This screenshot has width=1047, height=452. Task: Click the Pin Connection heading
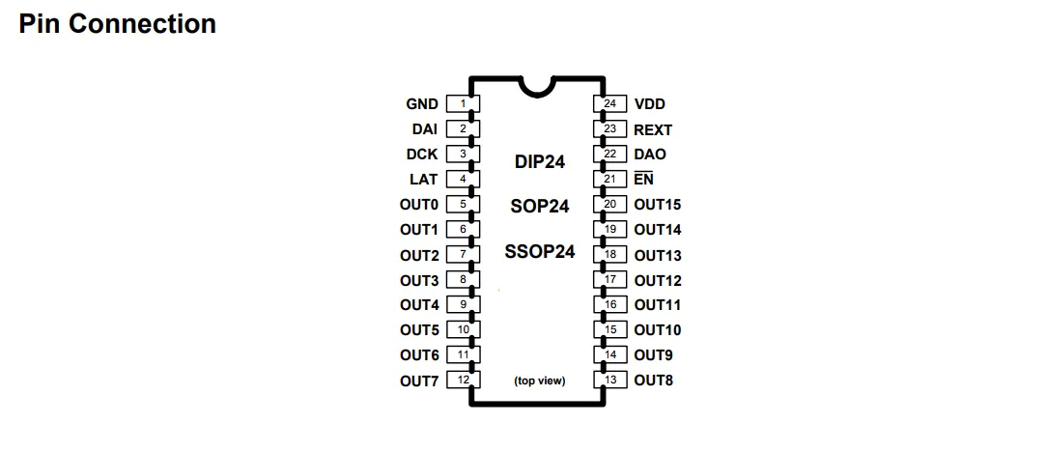pyautogui.click(x=117, y=24)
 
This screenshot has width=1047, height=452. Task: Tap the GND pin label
pyautogui.click(x=422, y=104)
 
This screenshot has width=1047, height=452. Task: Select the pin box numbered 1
pyautogui.click(x=464, y=104)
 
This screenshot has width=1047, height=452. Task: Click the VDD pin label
pyautogui.click(x=649, y=104)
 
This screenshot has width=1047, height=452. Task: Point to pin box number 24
pyautogui.click(x=609, y=104)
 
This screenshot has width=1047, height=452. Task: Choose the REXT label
pyautogui.click(x=653, y=129)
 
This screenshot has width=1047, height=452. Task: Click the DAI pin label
pyautogui.click(x=425, y=129)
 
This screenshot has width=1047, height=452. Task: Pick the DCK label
pyautogui.click(x=422, y=155)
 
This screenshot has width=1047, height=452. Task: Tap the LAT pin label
pyautogui.click(x=424, y=180)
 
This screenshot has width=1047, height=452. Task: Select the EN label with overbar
pyautogui.click(x=643, y=180)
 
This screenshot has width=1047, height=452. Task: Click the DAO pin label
pyautogui.click(x=650, y=155)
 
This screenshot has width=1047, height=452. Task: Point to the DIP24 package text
pyautogui.click(x=540, y=162)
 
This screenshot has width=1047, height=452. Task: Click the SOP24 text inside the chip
pyautogui.click(x=540, y=206)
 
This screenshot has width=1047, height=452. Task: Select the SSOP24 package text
pyautogui.click(x=540, y=252)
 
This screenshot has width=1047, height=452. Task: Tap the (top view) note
pyautogui.click(x=540, y=381)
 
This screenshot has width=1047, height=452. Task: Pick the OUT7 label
pyautogui.click(x=419, y=381)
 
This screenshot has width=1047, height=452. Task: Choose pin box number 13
pyautogui.click(x=609, y=381)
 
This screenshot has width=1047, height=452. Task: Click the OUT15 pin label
pyautogui.click(x=658, y=205)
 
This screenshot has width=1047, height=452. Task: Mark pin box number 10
pyautogui.click(x=464, y=330)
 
